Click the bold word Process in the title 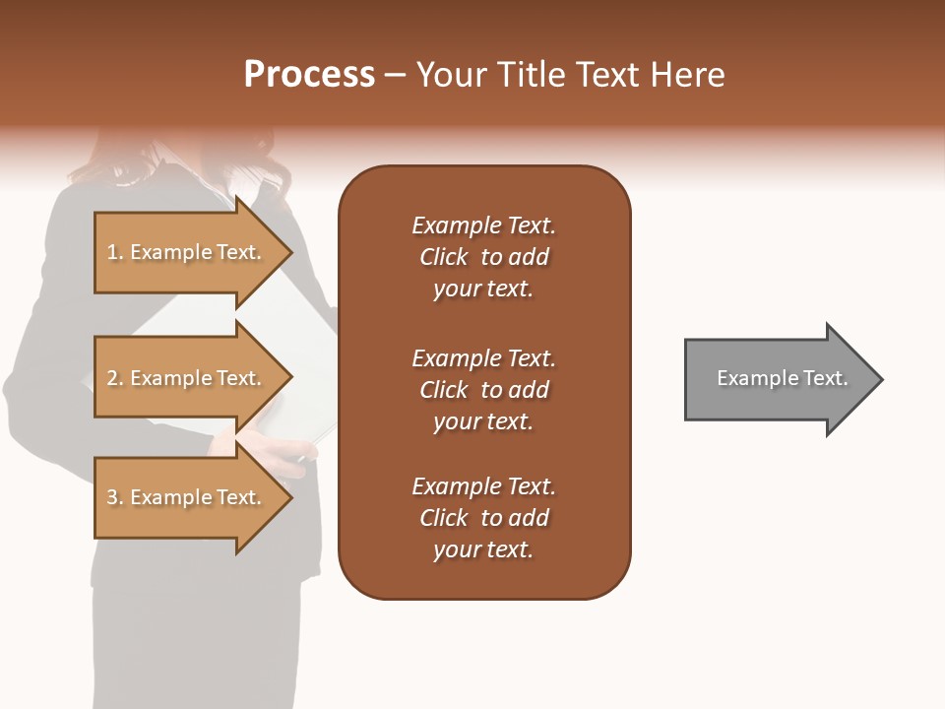(x=309, y=75)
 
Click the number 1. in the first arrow (x=115, y=252)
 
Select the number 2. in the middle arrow (x=115, y=378)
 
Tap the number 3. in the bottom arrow (x=115, y=497)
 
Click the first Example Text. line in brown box (x=483, y=226)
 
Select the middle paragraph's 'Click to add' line (x=483, y=390)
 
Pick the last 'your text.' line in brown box (x=483, y=549)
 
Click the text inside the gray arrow (x=782, y=378)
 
